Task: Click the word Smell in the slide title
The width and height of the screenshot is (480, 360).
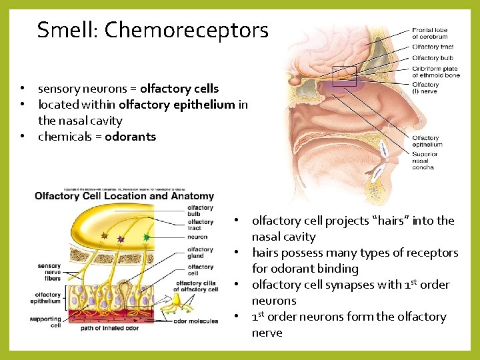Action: [x=65, y=30]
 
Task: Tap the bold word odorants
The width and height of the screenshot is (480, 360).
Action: [x=130, y=137]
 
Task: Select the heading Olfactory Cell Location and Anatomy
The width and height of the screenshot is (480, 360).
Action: [x=124, y=196]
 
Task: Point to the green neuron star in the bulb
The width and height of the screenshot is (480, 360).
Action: [x=147, y=237]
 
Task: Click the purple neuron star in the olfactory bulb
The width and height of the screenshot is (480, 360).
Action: [x=121, y=239]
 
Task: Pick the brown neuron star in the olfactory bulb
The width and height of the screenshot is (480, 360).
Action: [x=104, y=235]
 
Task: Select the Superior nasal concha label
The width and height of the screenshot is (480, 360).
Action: [x=425, y=161]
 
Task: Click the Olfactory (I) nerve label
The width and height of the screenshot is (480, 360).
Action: [x=426, y=88]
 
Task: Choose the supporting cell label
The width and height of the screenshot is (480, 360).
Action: [x=45, y=322]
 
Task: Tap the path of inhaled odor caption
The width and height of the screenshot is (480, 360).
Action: [x=110, y=329]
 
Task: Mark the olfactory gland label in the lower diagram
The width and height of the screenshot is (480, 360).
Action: [x=200, y=253]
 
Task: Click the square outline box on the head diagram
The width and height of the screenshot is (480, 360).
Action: [x=344, y=77]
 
